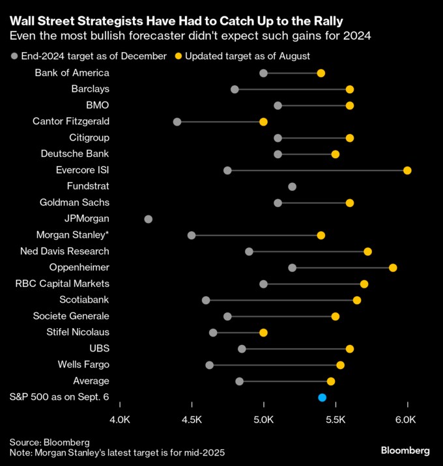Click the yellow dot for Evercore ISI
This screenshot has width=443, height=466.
click(407, 171)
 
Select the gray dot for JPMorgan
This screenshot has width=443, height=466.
click(149, 219)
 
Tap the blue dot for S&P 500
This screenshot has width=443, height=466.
click(322, 397)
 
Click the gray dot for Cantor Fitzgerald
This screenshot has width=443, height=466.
click(177, 122)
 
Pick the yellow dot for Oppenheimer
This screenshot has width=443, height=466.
click(393, 267)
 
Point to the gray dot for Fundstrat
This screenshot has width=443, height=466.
click(292, 187)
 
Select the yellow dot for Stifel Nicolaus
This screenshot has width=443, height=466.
click(263, 333)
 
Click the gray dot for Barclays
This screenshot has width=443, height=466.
click(235, 89)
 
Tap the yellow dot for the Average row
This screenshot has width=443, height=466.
click(331, 381)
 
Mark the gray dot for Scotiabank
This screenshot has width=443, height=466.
click(206, 300)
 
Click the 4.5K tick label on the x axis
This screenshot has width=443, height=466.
click(192, 421)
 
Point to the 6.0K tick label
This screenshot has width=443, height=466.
click(405, 421)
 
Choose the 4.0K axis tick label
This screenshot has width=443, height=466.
click(121, 421)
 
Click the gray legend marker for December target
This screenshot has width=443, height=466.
click(14, 56)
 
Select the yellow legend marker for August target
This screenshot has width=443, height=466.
click(178, 56)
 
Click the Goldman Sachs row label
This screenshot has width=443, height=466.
click(74, 202)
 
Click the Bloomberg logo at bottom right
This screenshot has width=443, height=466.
click(405, 450)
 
